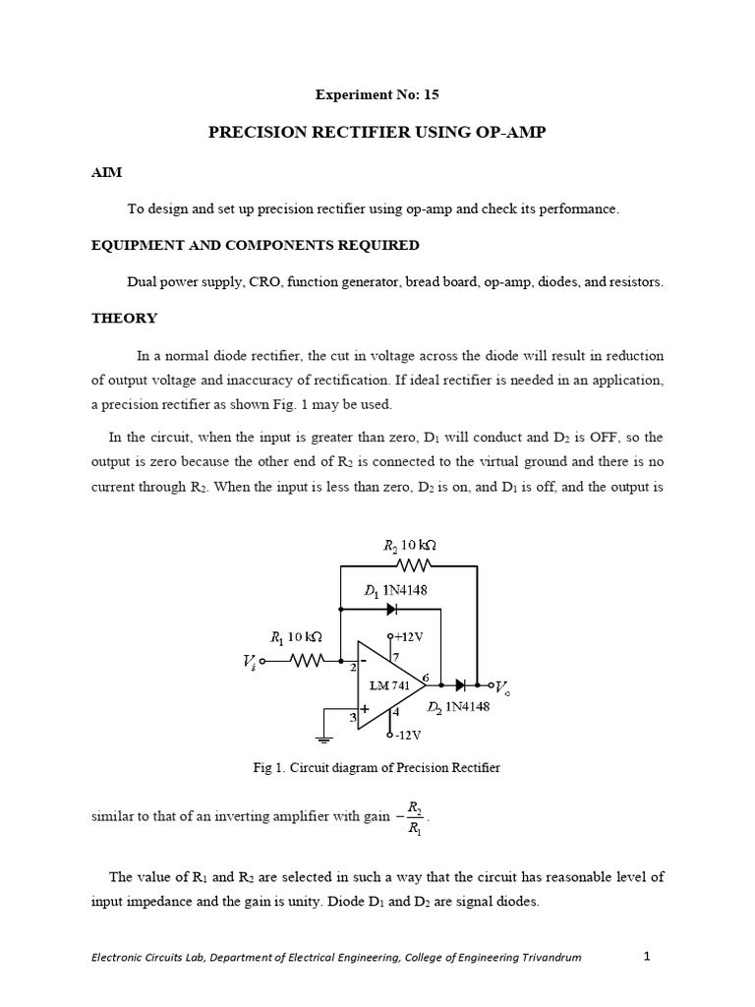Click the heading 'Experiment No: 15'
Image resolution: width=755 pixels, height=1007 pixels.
tap(377, 95)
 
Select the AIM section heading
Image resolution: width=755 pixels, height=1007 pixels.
tap(106, 171)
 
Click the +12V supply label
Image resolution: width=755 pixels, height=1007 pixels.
tap(408, 637)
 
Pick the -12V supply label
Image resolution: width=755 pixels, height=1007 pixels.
tap(406, 735)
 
